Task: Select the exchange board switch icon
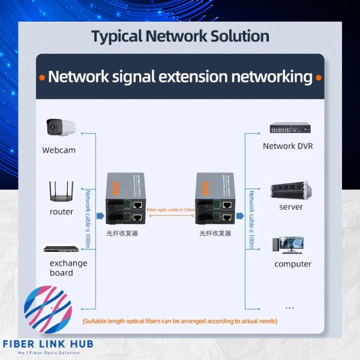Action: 61,248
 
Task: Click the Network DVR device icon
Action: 290,128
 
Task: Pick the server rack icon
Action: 290,190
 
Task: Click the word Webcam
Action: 59,150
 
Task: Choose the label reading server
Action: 291,207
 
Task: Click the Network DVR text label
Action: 288,146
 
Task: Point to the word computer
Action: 293,264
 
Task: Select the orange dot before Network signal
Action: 42,77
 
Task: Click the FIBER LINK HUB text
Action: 48,346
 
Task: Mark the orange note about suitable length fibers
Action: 180,321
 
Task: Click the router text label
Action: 61,212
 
